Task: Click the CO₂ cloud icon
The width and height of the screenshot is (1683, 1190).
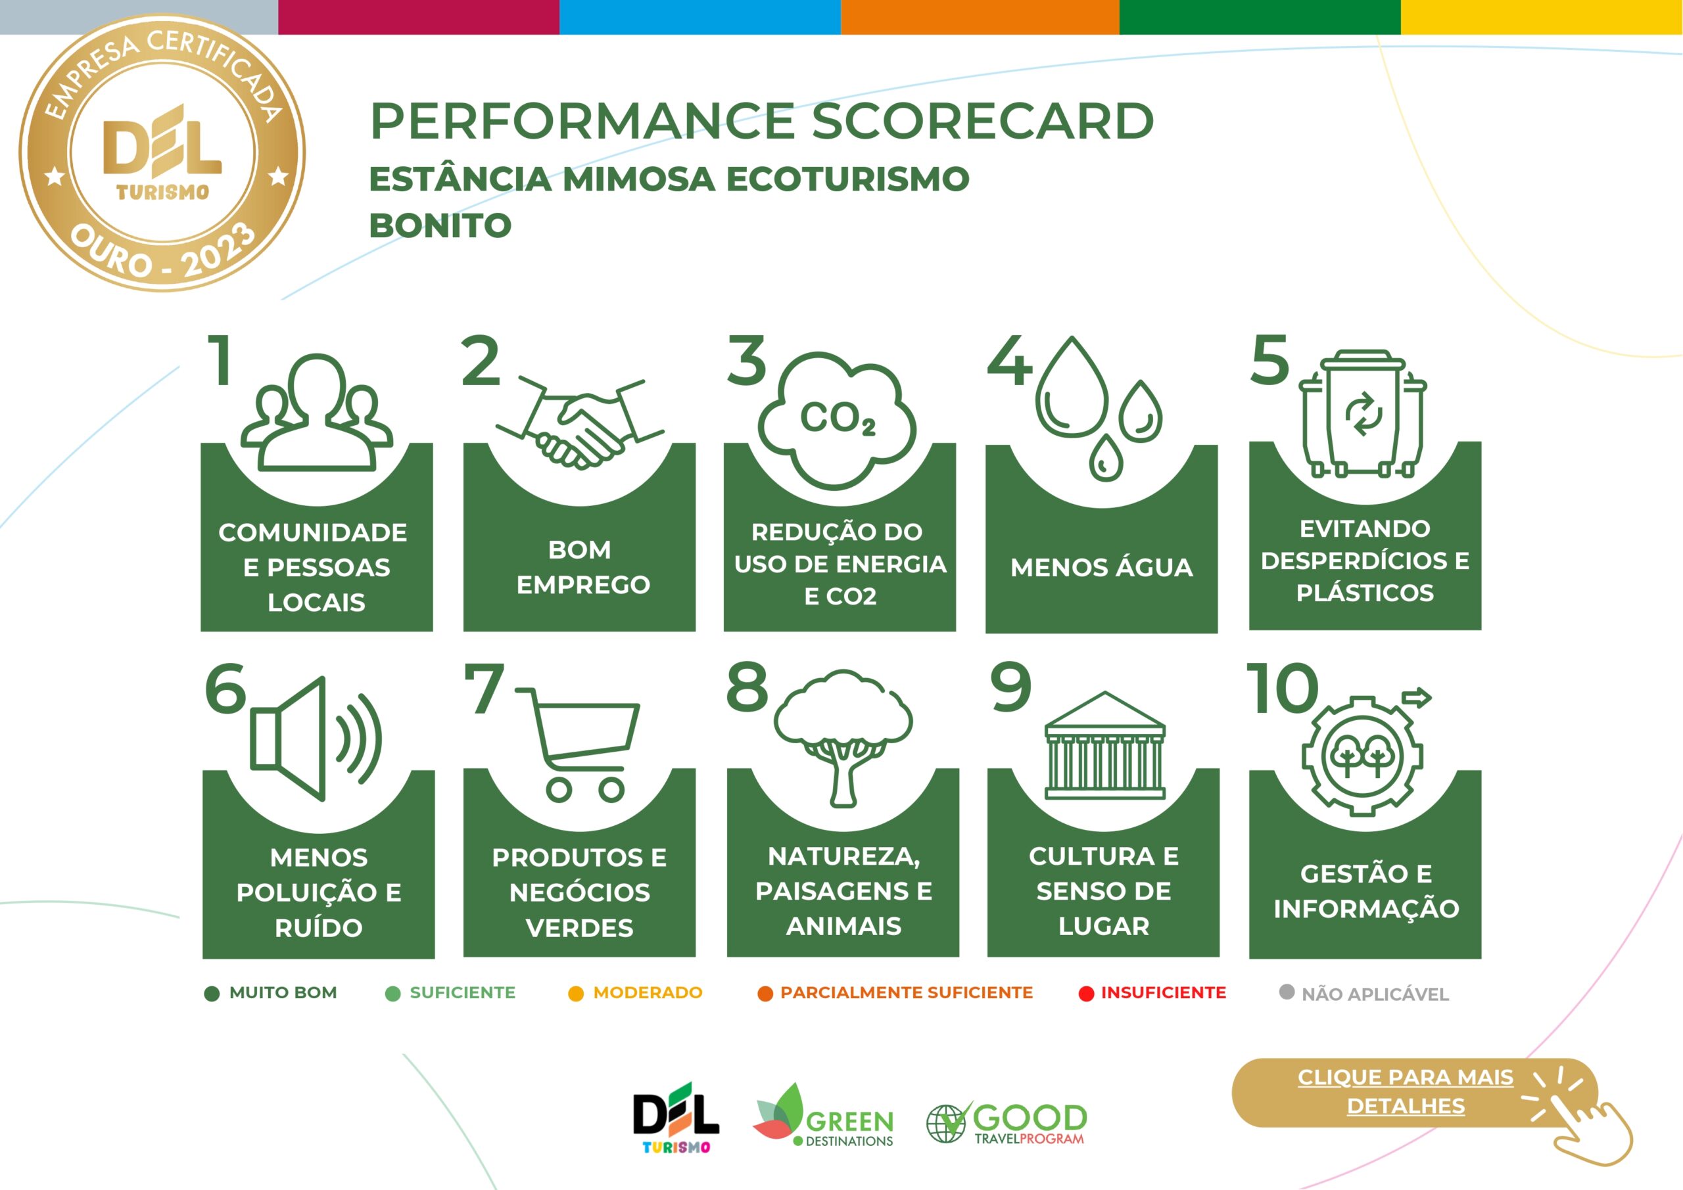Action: tap(837, 421)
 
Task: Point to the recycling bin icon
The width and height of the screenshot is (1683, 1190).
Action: tap(1363, 414)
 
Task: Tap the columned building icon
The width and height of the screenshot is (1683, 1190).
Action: tap(1104, 745)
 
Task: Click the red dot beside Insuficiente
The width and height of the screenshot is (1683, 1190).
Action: tap(1086, 994)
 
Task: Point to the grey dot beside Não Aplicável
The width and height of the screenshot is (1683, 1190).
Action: tap(1287, 992)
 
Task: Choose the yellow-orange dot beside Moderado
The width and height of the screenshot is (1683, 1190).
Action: tap(576, 994)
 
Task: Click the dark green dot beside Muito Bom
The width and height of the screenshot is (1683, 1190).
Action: tap(212, 994)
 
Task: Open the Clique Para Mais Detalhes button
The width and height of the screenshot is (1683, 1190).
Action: tap(1415, 1093)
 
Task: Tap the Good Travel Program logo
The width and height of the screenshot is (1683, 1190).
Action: tap(1007, 1122)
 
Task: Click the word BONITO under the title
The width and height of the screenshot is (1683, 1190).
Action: tap(440, 225)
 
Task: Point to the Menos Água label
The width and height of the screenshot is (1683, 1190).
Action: tap(1102, 567)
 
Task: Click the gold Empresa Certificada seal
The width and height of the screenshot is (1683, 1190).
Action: tap(162, 152)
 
